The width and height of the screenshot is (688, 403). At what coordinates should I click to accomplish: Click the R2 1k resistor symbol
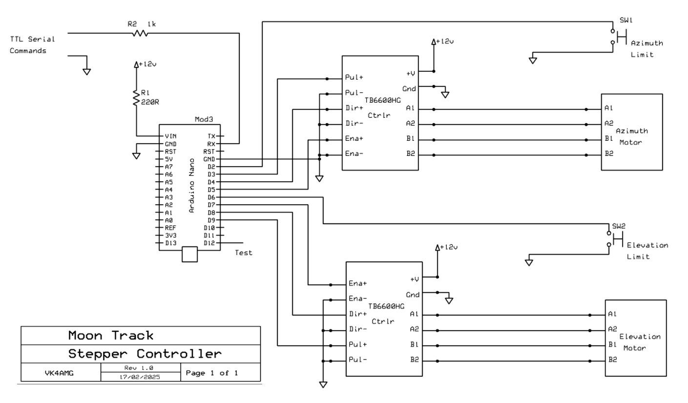pyautogui.click(x=139, y=33)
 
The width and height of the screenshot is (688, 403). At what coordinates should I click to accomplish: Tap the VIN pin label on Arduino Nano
pyautogui.click(x=171, y=136)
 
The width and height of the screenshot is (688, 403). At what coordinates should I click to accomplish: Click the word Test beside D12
pyautogui.click(x=244, y=253)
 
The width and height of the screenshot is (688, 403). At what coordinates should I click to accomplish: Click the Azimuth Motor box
pyautogui.click(x=631, y=132)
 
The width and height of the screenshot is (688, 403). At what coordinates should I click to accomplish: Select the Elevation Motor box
pyautogui.click(x=635, y=338)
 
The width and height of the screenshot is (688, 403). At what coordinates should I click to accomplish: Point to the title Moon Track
pyautogui.click(x=110, y=336)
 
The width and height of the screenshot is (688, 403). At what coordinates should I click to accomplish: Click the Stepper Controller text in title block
pyautogui.click(x=145, y=353)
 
